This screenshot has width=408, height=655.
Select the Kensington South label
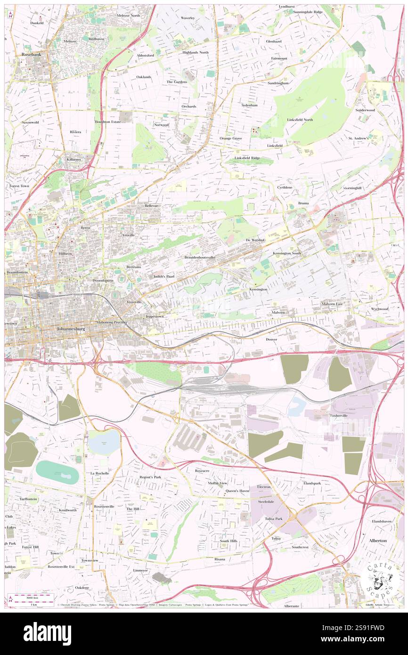(x=286, y=254)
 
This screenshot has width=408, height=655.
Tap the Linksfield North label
(x=300, y=120)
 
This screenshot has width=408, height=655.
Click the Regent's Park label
(x=150, y=477)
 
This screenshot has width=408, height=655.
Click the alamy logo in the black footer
(x=47, y=633)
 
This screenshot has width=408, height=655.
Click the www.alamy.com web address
(x=362, y=639)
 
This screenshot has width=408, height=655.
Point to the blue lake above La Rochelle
(x=104, y=443)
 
